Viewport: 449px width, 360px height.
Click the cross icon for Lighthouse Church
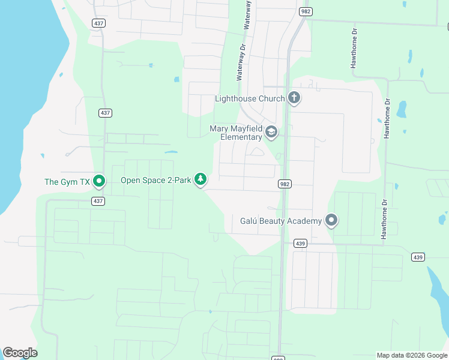(294, 98)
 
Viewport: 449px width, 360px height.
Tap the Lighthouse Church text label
(250, 98)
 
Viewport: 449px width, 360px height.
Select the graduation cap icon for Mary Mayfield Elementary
(271, 132)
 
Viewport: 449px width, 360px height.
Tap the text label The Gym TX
(67, 181)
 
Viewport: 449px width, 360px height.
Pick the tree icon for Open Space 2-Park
(200, 179)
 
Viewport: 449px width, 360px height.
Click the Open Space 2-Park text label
(155, 180)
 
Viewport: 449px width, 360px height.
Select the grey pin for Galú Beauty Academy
(331, 220)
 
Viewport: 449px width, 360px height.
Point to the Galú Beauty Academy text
(281, 221)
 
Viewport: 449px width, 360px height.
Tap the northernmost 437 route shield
(99, 22)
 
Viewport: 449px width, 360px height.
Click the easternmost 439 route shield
(418, 257)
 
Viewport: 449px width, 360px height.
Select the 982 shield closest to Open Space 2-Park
(285, 184)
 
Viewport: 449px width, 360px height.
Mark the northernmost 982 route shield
(306, 11)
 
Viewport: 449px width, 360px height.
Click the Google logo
(20, 353)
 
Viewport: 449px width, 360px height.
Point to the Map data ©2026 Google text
(411, 355)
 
